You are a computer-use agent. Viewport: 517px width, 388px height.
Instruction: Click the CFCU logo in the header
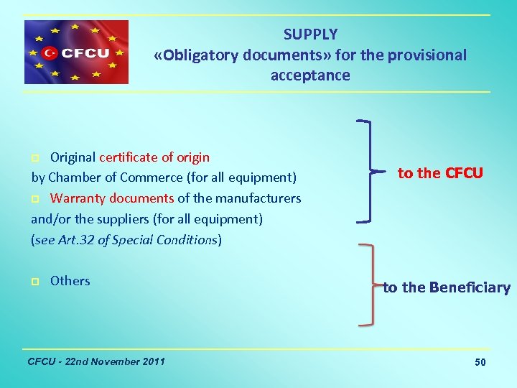pyautogui.click(x=76, y=52)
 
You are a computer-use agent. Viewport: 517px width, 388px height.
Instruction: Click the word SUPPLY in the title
pyautogui.click(x=310, y=34)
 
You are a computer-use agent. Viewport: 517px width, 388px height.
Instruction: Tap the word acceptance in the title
pyautogui.click(x=310, y=75)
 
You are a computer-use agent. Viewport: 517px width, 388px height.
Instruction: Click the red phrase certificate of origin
pyautogui.click(x=154, y=157)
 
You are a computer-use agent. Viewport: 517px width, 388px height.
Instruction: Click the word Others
pyautogui.click(x=70, y=281)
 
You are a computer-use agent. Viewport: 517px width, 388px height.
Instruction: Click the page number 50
pyautogui.click(x=480, y=362)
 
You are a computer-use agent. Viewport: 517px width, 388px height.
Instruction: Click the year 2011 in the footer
pyautogui.click(x=152, y=361)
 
